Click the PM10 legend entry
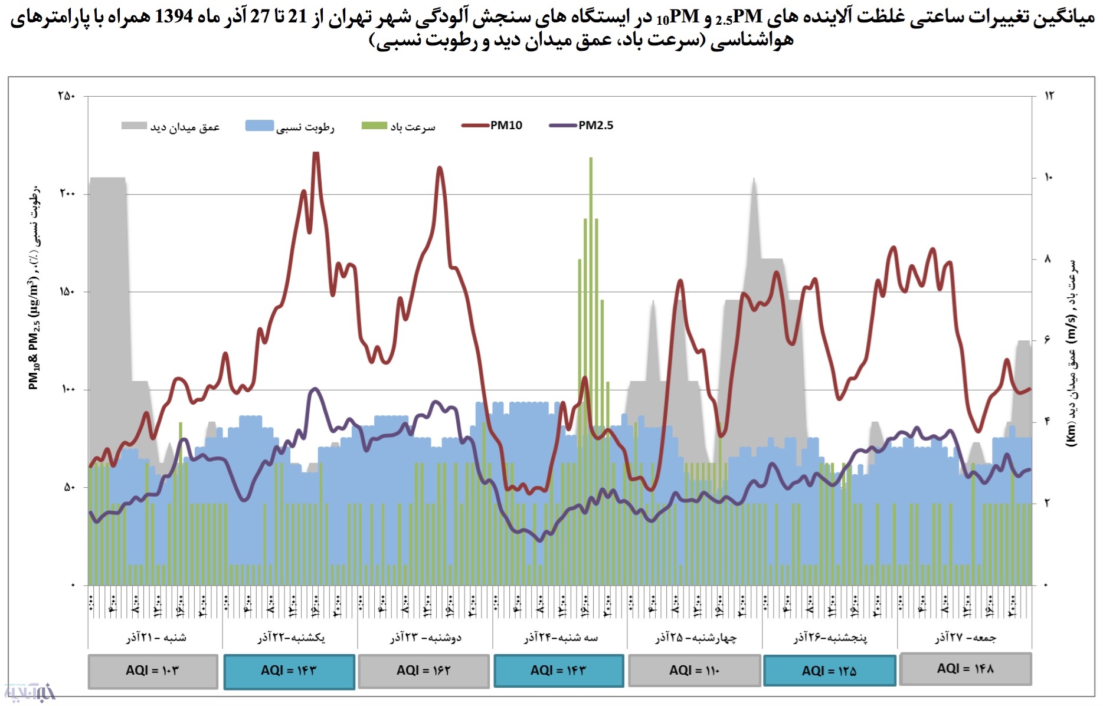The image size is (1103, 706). (x=493, y=126)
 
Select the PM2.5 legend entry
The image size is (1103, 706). (x=581, y=126)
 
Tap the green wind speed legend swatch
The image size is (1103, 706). (x=374, y=126)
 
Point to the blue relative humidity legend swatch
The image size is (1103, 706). (x=259, y=126)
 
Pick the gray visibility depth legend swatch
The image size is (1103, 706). (x=134, y=126)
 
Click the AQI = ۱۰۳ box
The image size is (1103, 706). (x=153, y=671)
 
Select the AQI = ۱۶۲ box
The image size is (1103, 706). (x=423, y=671)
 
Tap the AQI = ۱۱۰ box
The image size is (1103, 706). (x=694, y=671)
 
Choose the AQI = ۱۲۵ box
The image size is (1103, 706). (x=829, y=671)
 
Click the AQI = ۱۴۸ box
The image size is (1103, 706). (x=965, y=669)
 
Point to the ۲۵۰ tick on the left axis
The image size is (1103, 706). (x=67, y=96)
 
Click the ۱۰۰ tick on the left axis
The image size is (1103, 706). (x=67, y=390)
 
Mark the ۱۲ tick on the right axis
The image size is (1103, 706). (x=1049, y=96)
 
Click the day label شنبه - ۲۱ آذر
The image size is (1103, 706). (x=156, y=638)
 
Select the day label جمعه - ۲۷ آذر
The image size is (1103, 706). (x=965, y=638)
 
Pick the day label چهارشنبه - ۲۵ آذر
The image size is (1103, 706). (x=695, y=638)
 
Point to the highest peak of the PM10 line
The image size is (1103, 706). (x=316, y=153)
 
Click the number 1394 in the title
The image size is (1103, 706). (x=174, y=17)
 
